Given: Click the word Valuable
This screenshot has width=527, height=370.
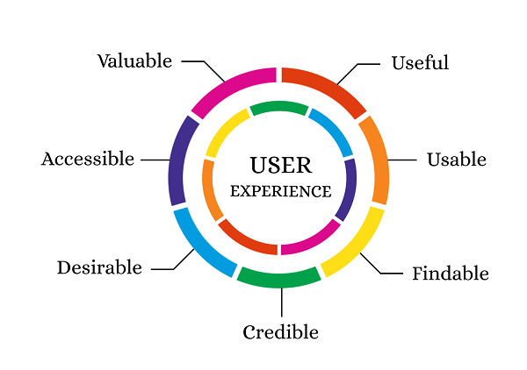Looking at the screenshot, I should point(134,61).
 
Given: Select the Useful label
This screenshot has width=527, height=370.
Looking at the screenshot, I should point(420,63).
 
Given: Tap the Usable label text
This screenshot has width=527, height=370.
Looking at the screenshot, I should point(456,160).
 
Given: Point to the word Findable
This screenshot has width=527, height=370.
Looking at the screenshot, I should point(450,274).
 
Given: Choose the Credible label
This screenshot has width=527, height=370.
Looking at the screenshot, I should point(280,332).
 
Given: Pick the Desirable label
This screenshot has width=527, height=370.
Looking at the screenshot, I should point(99,267).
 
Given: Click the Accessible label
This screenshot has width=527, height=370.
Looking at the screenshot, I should point(87,160).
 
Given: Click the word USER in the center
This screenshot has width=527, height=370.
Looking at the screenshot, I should point(280,166).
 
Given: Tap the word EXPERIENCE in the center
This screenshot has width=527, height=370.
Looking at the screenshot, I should point(280,191).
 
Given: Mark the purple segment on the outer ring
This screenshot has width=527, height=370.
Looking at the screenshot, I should point(180,160).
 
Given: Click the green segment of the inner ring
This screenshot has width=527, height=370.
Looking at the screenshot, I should point(278,108).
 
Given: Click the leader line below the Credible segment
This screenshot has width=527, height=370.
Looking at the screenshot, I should point(281,302).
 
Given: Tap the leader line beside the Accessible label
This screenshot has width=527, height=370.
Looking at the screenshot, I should point(155,160).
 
